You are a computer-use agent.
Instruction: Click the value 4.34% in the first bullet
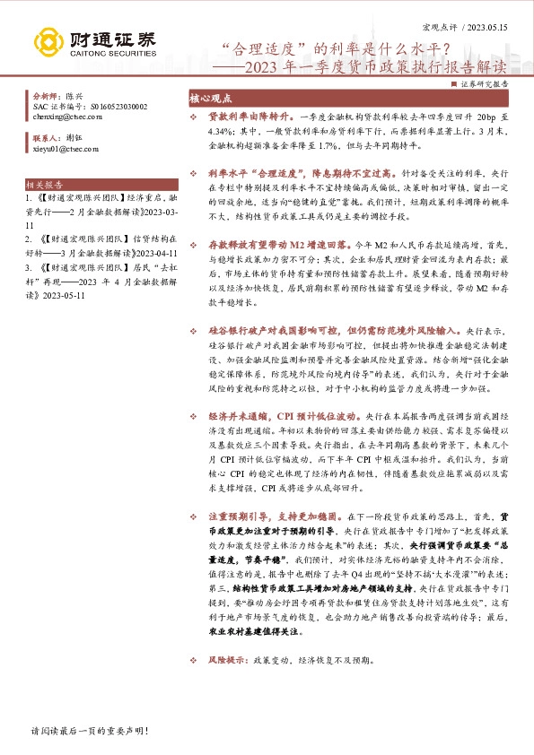(x=222, y=130)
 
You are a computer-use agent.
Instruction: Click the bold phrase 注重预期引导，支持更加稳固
(x=261, y=516)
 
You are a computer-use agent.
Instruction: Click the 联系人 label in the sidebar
(x=45, y=139)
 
